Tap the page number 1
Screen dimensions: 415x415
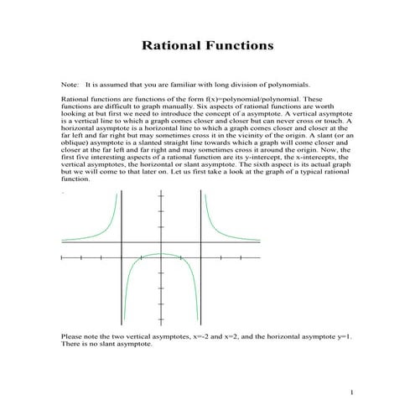click(x=353, y=392)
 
